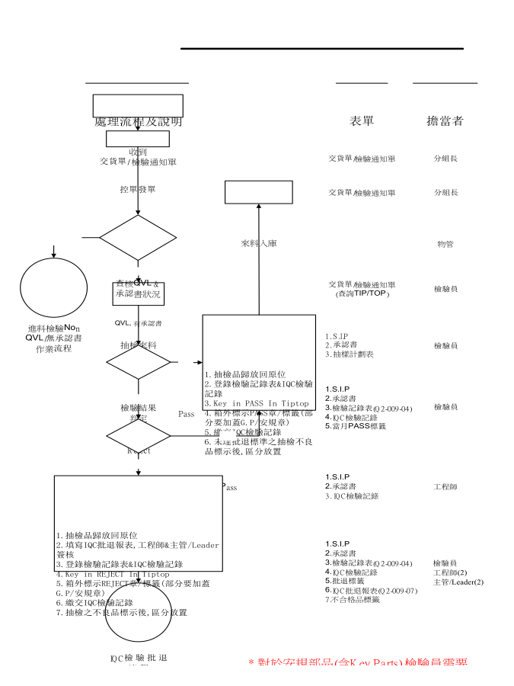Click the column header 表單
362,121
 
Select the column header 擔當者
445,121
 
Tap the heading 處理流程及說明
138,122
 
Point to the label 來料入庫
259,243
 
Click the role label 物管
445,244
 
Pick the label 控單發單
138,189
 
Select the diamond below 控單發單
138,237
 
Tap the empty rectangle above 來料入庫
259,192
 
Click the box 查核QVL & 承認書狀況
138,292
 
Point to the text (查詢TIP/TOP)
362,293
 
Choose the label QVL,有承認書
138,323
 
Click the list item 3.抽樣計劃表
349,354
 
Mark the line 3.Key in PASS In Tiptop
257,403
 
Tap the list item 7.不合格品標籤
352,600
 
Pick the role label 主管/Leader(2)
458,582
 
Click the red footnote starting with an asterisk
358,663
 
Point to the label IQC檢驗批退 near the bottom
139,657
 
